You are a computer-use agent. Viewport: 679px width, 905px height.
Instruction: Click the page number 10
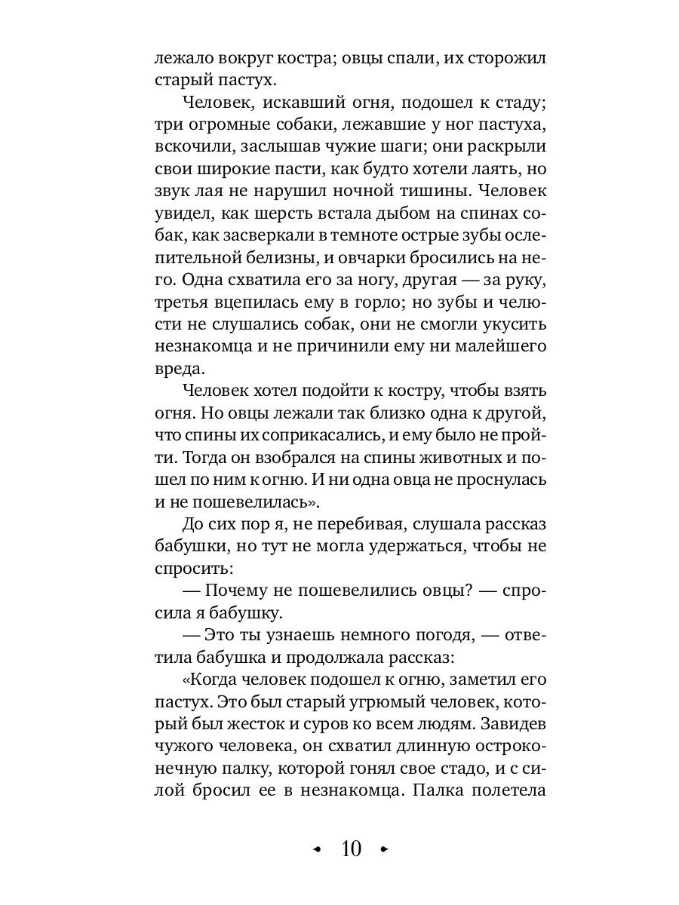pyautogui.click(x=352, y=848)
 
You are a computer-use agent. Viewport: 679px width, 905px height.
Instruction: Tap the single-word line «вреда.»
pyautogui.click(x=177, y=370)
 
